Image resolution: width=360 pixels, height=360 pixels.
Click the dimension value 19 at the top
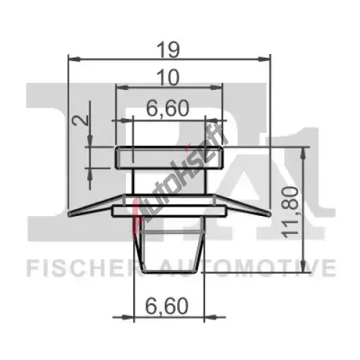(168, 50)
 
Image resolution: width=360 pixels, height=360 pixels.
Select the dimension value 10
(168, 77)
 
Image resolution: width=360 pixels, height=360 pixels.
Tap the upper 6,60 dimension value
(168, 108)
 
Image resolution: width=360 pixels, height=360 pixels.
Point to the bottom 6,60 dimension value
(167, 306)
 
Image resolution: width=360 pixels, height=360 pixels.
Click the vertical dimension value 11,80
(291, 212)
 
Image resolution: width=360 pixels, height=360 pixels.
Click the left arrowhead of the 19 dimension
(74, 59)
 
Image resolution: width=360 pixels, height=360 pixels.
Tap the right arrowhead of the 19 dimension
(264, 59)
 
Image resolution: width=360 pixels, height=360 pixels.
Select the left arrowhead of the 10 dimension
(122, 87)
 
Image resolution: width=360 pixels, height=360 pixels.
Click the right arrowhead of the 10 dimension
(215, 87)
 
